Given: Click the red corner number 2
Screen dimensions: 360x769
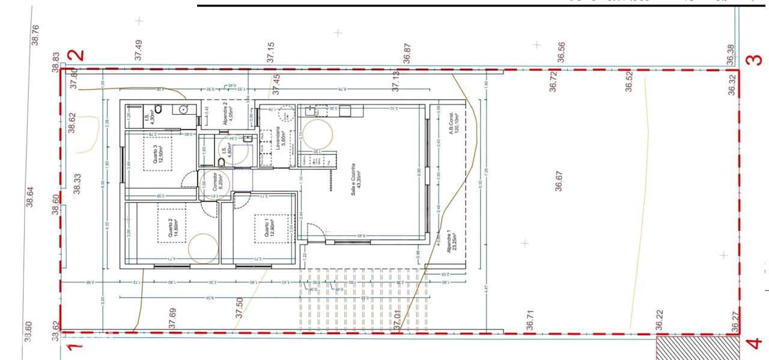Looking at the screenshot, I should [77, 55].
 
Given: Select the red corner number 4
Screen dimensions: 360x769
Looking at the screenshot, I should [753, 345].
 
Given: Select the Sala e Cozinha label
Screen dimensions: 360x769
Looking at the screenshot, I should [357, 178].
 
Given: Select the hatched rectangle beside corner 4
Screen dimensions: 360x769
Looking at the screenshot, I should [698, 348].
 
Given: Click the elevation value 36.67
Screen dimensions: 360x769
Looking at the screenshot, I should [559, 181].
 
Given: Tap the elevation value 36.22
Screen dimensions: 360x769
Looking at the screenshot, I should [659, 320].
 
